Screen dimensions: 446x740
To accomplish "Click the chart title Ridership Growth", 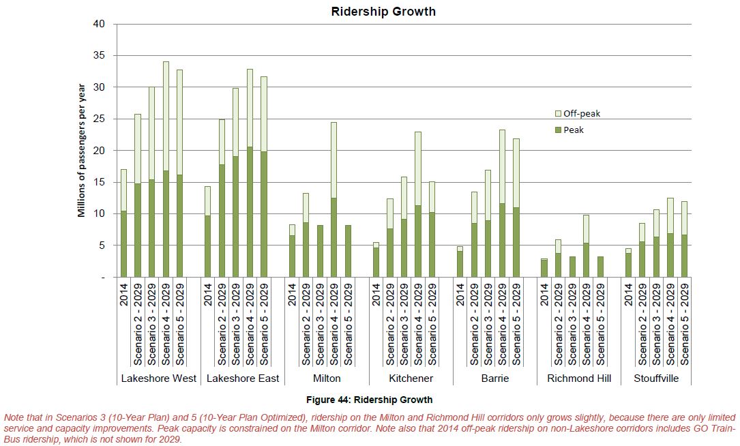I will click(x=383, y=12).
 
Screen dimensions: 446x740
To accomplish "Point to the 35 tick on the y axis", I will click(x=100, y=55).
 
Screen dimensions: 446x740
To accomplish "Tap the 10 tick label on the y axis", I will click(x=100, y=213).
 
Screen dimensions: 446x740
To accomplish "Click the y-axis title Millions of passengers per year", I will click(x=81, y=150).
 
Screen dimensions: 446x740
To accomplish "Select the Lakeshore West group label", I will click(x=158, y=378).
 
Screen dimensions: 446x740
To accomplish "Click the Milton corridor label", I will click(x=327, y=378).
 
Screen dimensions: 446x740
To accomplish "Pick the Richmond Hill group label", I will click(x=578, y=378).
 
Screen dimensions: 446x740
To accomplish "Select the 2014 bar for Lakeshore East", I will click(x=208, y=232).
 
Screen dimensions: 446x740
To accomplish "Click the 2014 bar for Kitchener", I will click(x=376, y=260).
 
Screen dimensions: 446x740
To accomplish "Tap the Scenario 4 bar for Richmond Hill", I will click(x=586, y=246).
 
